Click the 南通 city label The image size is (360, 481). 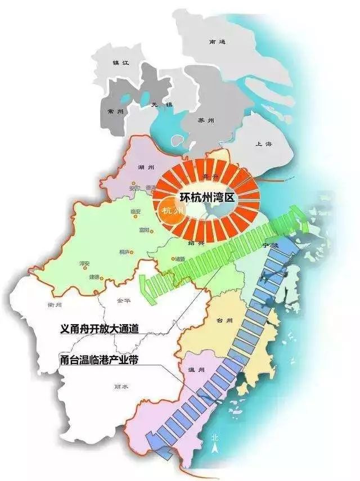(216, 42)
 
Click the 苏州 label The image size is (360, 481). (206, 120)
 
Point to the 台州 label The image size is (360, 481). (224, 321)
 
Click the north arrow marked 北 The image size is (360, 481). (214, 444)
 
